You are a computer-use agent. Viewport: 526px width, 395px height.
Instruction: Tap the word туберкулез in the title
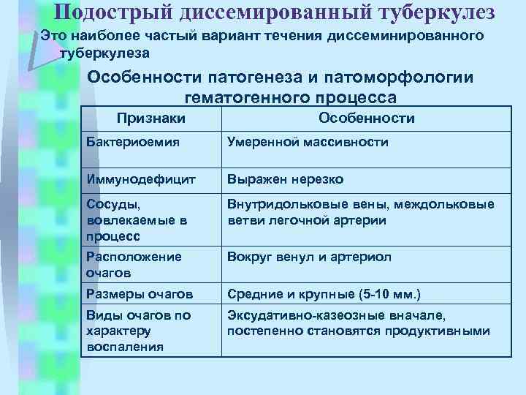click(432, 12)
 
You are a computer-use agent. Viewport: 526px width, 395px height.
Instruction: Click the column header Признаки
click(151, 118)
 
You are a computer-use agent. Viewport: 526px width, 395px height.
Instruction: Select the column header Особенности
click(367, 118)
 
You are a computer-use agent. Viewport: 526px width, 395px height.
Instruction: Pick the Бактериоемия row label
click(132, 142)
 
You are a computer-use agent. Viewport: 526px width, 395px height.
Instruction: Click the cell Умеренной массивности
click(308, 142)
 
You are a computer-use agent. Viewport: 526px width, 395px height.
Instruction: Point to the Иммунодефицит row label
click(138, 178)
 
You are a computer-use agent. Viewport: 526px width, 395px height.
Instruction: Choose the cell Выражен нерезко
click(286, 178)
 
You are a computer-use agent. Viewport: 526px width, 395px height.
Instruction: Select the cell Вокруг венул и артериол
click(310, 257)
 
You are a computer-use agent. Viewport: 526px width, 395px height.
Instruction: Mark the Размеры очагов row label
click(140, 294)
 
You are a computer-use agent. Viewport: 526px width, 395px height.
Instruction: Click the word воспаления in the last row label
click(125, 346)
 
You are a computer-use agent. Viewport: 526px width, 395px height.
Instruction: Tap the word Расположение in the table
click(133, 257)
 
